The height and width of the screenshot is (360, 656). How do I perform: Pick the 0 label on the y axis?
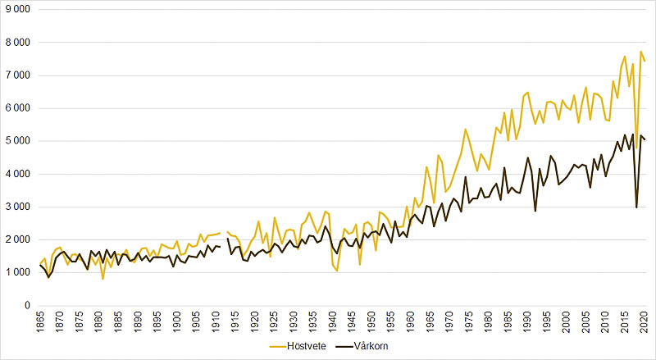26,306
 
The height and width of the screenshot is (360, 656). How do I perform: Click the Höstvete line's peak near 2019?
640,52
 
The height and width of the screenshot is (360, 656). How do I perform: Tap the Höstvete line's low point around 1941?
337,271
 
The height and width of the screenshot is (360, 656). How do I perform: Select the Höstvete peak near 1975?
465,129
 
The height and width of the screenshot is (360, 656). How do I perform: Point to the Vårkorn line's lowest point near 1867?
48,277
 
